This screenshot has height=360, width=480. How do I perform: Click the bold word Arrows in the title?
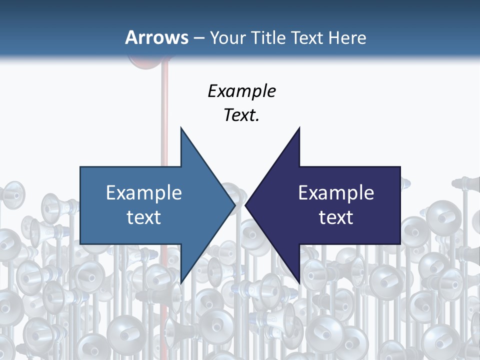tap(156, 37)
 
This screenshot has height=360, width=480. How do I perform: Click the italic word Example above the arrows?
tap(241, 91)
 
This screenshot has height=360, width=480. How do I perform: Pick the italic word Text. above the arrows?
tap(241, 115)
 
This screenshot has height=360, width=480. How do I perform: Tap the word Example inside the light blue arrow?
tap(144, 192)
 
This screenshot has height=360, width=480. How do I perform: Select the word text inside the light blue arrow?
tap(144, 217)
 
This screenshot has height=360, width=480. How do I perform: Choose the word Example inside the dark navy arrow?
tap(336, 192)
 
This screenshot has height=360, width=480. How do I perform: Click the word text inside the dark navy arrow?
tap(336, 217)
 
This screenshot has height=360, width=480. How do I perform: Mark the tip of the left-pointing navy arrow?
tap(246, 205)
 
